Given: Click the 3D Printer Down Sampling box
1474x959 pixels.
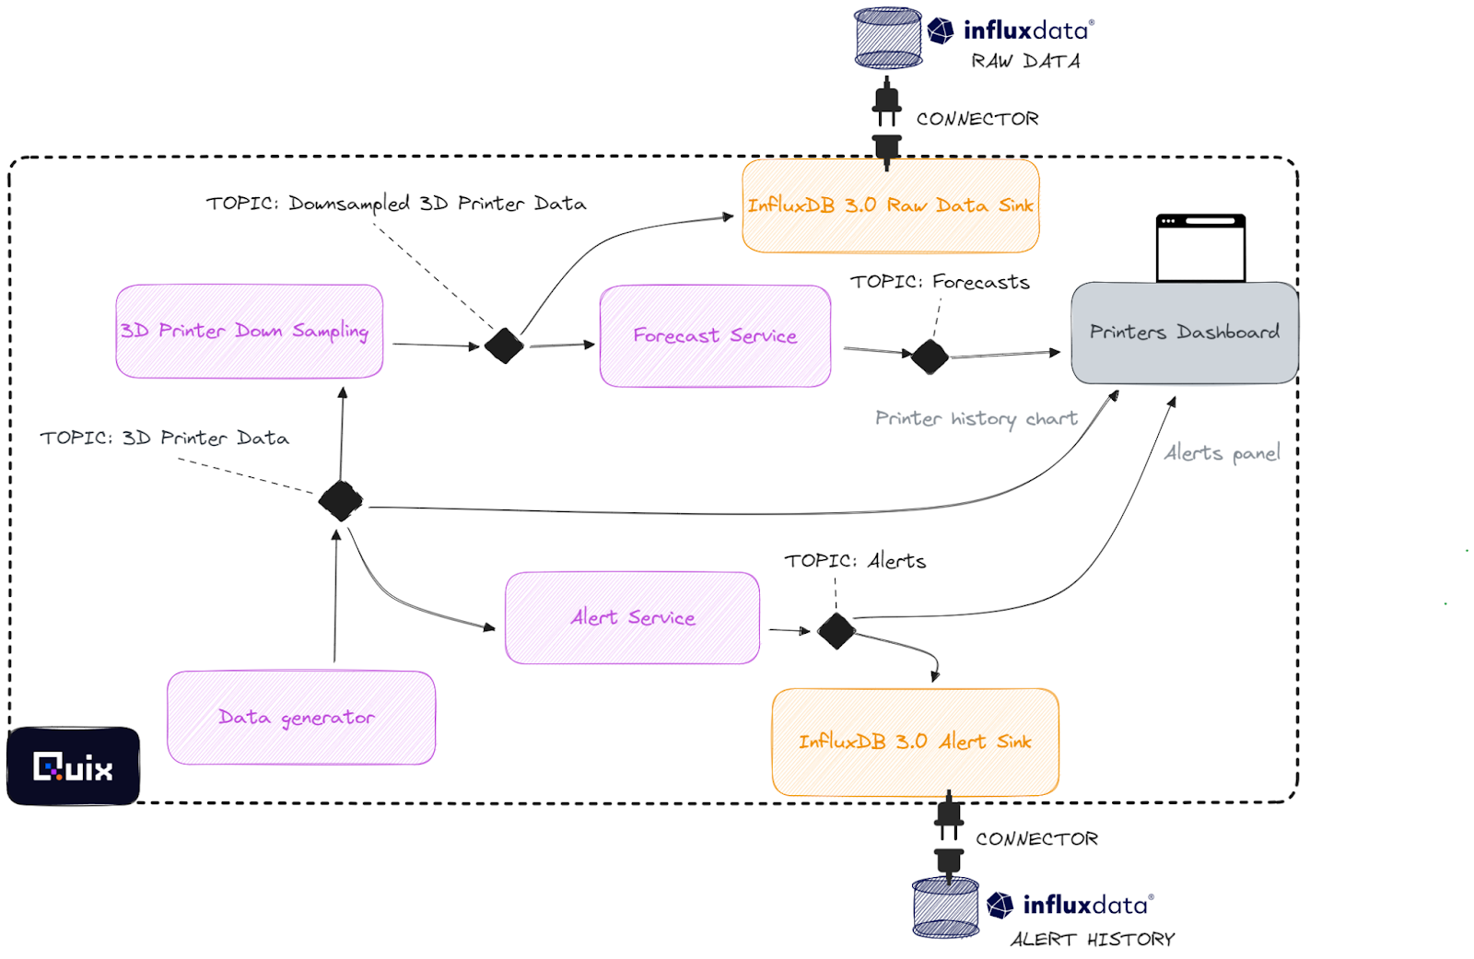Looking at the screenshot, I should tap(249, 331).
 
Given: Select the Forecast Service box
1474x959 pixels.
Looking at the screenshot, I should tap(715, 336).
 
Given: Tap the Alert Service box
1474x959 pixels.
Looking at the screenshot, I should tap(632, 617).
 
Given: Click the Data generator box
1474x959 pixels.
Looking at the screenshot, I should tap(300, 717).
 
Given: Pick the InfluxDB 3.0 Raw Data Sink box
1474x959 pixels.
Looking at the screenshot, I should tap(890, 205).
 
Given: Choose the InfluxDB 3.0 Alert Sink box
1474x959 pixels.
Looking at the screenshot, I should tap(915, 742).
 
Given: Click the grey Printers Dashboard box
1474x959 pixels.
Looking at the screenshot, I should tap(1184, 333).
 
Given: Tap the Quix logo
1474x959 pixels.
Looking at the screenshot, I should tap(74, 766).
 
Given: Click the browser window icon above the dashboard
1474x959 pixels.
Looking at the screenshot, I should tap(1200, 249).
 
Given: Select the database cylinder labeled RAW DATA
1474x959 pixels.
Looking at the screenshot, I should tap(888, 38).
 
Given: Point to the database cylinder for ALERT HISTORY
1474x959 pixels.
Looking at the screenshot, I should tap(945, 907).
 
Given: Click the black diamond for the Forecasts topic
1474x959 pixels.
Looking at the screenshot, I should tap(930, 357).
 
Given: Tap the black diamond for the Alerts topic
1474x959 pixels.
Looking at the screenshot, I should tap(836, 631).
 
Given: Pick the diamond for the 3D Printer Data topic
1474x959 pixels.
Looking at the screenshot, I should tap(341, 501).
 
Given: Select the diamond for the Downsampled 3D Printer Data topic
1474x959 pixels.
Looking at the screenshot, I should tap(504, 345).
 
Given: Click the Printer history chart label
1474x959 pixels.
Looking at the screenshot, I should tap(976, 419).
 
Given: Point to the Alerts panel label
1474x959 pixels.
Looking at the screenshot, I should tap(1222, 453).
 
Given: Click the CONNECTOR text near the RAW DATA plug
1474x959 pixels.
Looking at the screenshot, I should tap(977, 119).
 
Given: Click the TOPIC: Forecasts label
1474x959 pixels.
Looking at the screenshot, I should tap(940, 282).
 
